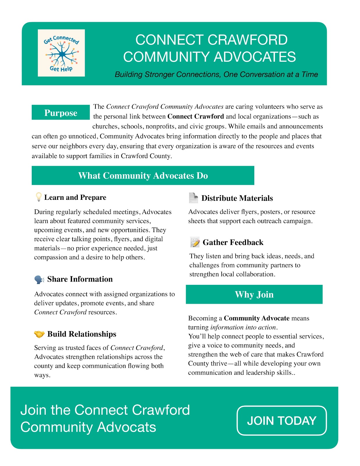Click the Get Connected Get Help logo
[x=61, y=53]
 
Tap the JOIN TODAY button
[x=282, y=421]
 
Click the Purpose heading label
[x=61, y=113]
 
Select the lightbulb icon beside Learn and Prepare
[x=38, y=197]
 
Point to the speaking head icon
[x=39, y=279]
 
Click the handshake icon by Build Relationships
[x=39, y=334]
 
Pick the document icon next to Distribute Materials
[x=193, y=198]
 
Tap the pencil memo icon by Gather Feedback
[x=195, y=242]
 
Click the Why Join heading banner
[x=254, y=294]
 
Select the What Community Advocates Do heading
[x=143, y=176]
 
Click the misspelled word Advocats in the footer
[x=126, y=427]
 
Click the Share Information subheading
[x=80, y=279]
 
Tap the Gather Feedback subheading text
[x=233, y=242]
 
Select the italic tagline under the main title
[x=216, y=75]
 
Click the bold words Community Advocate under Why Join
[x=257, y=318]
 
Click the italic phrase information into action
[x=243, y=327]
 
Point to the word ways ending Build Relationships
[x=42, y=375]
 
